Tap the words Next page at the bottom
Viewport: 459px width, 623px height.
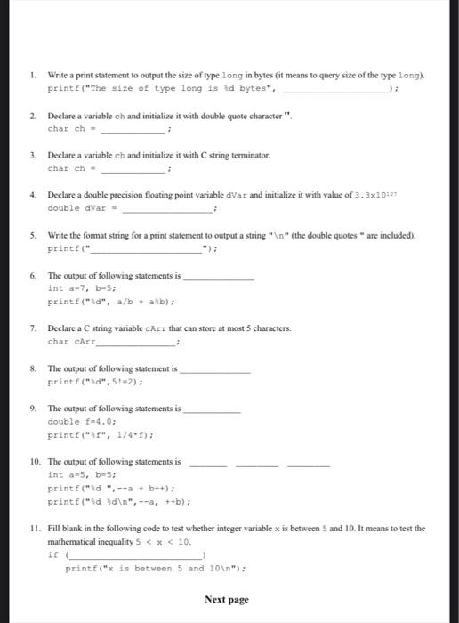pyautogui.click(x=227, y=600)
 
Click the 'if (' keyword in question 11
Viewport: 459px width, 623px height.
pyautogui.click(x=54, y=554)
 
